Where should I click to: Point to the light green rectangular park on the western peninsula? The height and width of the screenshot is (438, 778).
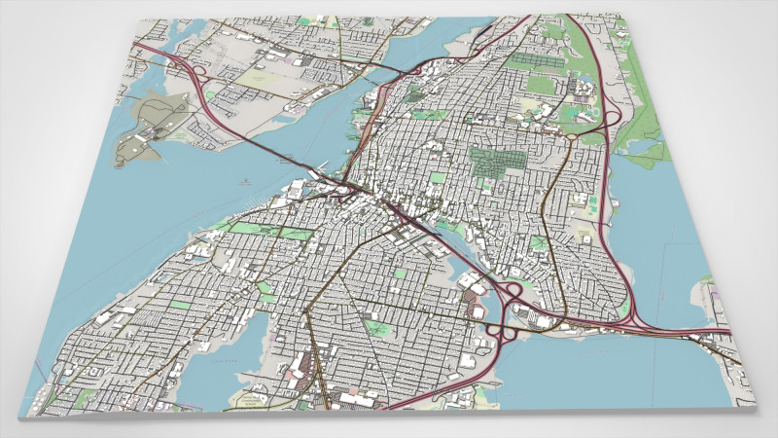[181, 303]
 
